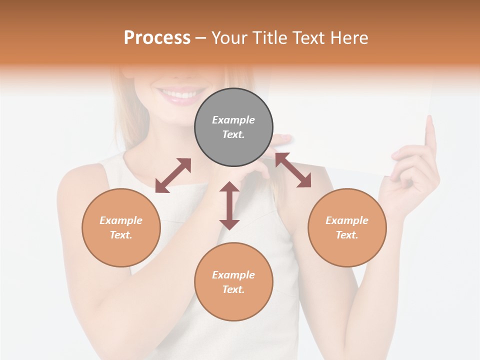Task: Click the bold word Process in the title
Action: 157,38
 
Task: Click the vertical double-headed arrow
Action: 229,205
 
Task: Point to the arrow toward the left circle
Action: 173,175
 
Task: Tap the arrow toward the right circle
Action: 293,170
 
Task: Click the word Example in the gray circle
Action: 233,120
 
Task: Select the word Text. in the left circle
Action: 121,235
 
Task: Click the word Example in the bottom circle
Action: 233,275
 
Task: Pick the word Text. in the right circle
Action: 347,235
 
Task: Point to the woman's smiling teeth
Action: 179,94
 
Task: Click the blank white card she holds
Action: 350,120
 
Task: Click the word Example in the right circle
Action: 347,220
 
